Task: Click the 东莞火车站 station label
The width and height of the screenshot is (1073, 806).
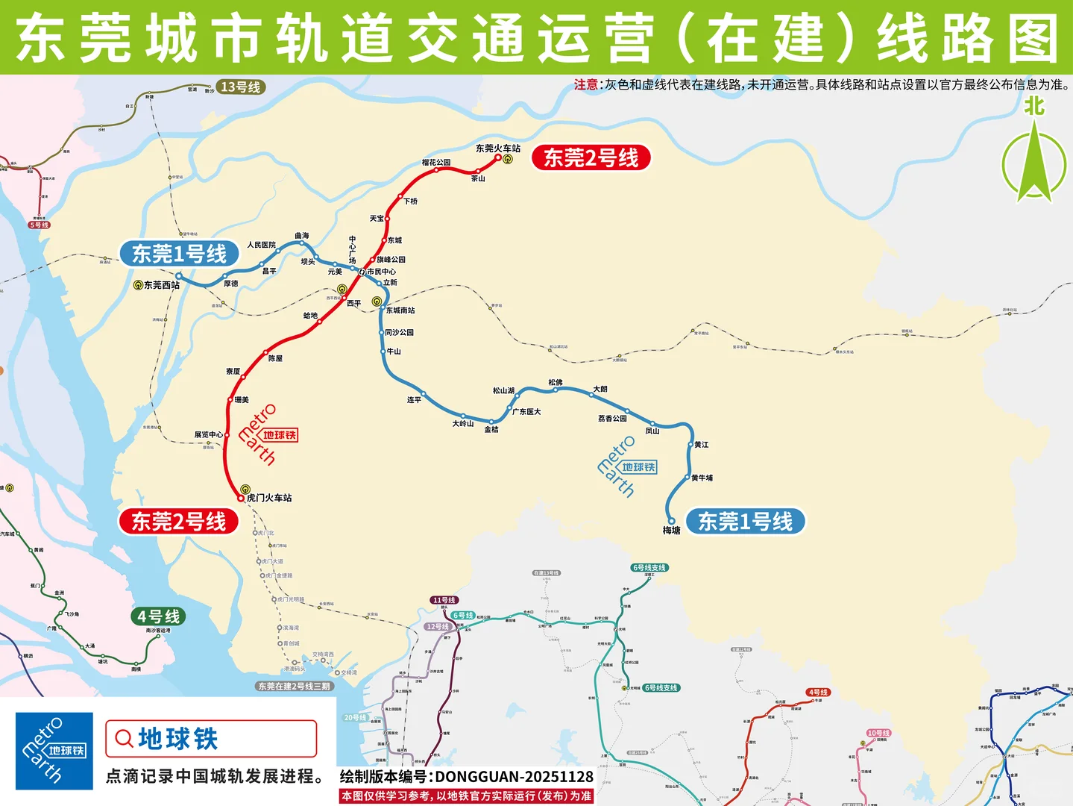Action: (497, 149)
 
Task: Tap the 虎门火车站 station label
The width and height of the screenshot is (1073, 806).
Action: (269, 498)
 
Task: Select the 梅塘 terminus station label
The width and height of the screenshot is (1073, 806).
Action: (671, 531)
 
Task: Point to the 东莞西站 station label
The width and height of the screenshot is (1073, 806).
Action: (161, 285)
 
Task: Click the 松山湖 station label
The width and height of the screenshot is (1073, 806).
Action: (503, 390)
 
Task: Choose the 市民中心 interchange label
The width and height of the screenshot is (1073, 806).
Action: (381, 272)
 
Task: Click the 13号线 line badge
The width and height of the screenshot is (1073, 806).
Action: (240, 87)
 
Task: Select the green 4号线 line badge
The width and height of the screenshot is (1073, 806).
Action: (158, 616)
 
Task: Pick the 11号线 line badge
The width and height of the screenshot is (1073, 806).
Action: (444, 600)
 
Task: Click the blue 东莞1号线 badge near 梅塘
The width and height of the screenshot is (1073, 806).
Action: (745, 522)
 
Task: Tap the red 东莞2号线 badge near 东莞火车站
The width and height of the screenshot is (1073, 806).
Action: (591, 158)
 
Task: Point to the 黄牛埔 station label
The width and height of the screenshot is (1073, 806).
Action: (702, 478)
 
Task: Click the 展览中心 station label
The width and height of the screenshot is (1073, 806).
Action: (208, 434)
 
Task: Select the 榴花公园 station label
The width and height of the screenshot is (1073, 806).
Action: (435, 162)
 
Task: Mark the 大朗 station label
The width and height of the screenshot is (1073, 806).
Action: (600, 389)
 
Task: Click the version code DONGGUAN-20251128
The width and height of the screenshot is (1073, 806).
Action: (514, 777)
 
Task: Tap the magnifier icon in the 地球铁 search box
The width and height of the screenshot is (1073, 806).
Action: (123, 739)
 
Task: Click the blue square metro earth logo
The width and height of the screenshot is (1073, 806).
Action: (54, 751)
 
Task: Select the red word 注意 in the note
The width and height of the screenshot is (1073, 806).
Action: (586, 85)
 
